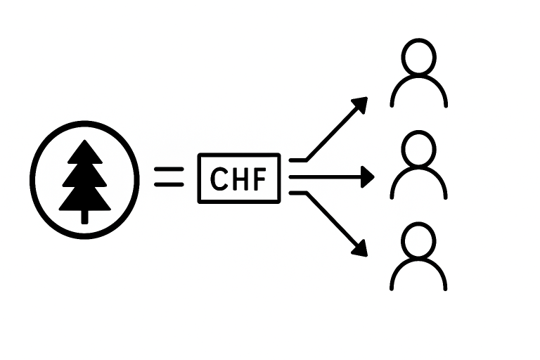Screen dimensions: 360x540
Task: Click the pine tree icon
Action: tap(85, 179)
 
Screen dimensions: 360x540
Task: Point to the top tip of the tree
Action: tap(85, 142)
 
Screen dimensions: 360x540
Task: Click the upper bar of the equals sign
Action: tap(169, 169)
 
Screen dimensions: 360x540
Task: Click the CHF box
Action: tap(239, 179)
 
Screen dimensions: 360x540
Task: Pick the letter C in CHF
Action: tap(219, 180)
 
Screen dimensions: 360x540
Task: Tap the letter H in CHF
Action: tap(239, 180)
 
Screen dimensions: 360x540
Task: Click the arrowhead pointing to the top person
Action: tap(361, 103)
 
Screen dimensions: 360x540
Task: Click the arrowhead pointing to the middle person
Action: tap(366, 177)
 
